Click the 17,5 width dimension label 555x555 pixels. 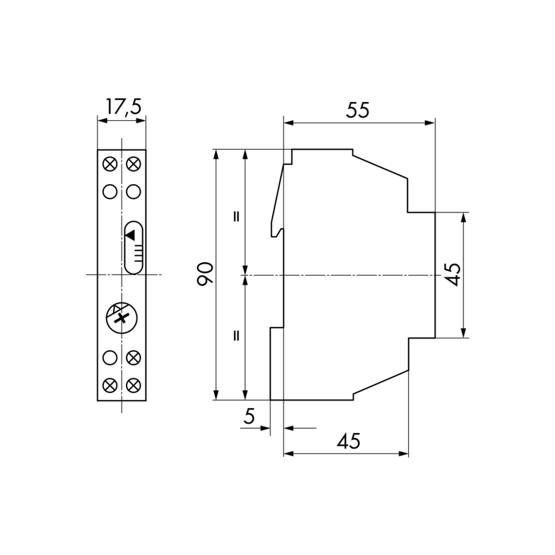(124, 107)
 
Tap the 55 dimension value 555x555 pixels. (357, 110)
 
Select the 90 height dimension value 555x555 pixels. (205, 274)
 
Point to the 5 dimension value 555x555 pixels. (249, 416)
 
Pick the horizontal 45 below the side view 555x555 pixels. (349, 441)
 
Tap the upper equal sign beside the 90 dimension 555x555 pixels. (236, 216)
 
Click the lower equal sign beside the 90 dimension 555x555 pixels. (236, 335)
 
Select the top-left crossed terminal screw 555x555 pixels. (110, 164)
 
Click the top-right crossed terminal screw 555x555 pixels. (133, 164)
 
